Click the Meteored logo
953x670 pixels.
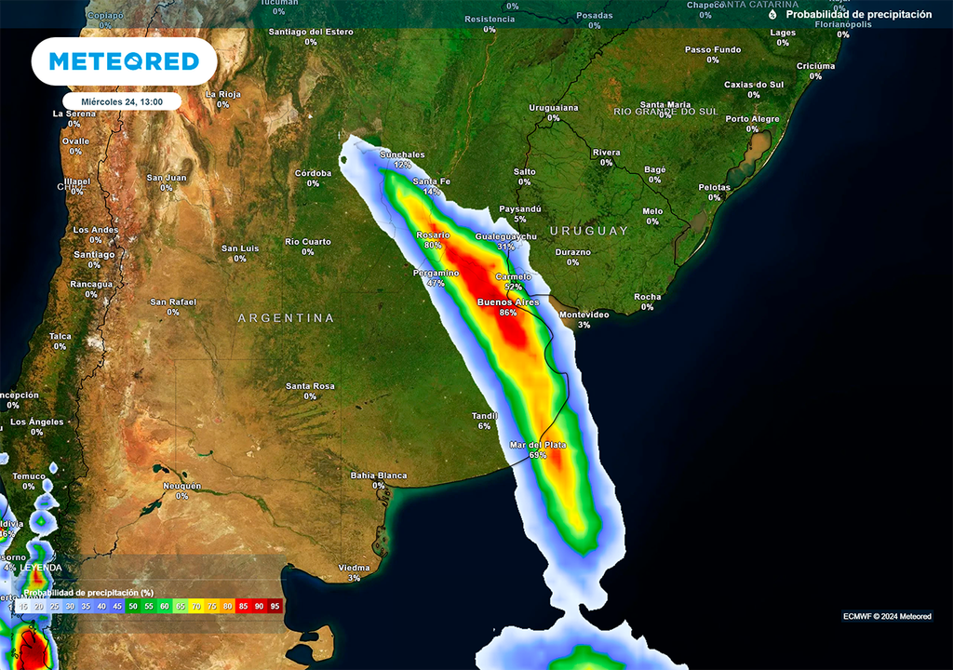(x=124, y=61)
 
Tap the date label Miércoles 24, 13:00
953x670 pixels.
(x=122, y=101)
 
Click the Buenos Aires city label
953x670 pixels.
(x=508, y=302)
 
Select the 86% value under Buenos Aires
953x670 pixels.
(x=508, y=314)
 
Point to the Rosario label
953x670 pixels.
(x=433, y=234)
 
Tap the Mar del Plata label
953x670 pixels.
(x=538, y=445)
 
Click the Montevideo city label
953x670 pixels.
(x=584, y=315)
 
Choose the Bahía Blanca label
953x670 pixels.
(x=379, y=476)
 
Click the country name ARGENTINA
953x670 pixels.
(x=286, y=318)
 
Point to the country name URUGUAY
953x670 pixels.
(x=589, y=231)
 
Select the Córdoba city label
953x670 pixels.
(x=313, y=173)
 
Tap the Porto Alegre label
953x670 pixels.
(x=752, y=119)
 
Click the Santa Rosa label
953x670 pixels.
(x=310, y=386)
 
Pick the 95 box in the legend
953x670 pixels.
(x=275, y=606)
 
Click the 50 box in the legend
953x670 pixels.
(x=133, y=606)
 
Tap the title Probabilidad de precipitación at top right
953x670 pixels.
(x=858, y=15)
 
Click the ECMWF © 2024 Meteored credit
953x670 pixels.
(x=887, y=616)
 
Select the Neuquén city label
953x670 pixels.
(x=181, y=486)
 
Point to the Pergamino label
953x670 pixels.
(x=436, y=273)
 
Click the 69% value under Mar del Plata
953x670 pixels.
(x=538, y=456)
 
